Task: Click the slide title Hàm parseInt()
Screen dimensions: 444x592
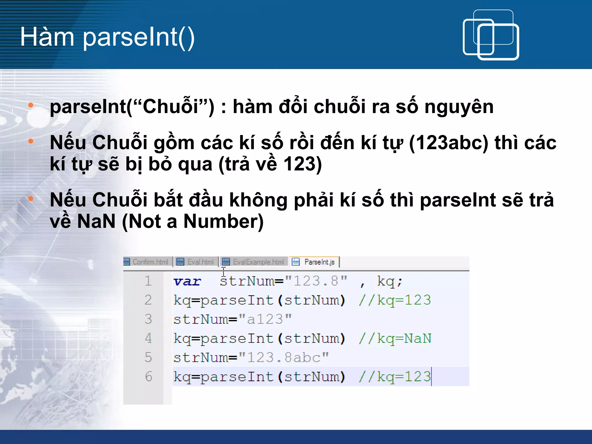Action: tap(107, 37)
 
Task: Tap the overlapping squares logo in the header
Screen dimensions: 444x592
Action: tap(491, 35)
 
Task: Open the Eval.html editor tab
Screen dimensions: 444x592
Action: tap(197, 262)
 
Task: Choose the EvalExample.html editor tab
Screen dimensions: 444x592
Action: tap(254, 262)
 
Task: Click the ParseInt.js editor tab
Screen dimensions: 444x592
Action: tap(315, 262)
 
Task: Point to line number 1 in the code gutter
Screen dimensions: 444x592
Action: tap(148, 281)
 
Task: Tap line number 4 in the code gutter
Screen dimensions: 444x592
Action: tap(148, 338)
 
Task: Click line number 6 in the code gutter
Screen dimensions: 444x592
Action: tap(148, 376)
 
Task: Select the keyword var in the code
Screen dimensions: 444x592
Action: tap(187, 282)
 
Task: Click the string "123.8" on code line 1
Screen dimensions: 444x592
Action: tap(316, 281)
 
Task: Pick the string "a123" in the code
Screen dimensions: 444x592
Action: tap(265, 319)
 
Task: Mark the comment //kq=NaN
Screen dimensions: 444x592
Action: tap(395, 338)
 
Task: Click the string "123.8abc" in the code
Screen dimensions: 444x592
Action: tap(284, 358)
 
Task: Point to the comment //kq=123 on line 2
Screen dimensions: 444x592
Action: tap(395, 300)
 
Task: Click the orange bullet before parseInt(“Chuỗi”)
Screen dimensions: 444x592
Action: tap(31, 105)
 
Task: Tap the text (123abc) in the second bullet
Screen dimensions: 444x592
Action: tap(448, 143)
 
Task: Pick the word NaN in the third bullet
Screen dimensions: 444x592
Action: tap(96, 221)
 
